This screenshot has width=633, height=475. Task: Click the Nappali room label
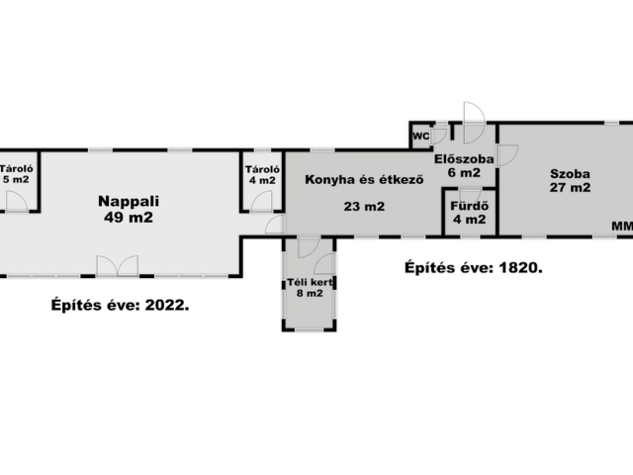pos(129,201)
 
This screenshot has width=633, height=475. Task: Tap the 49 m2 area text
pos(129,218)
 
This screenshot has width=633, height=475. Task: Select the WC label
pos(421,137)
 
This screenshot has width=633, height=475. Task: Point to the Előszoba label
pos(464,159)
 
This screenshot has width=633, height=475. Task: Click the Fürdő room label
pos(470,206)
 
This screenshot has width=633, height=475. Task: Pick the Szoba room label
pos(570,174)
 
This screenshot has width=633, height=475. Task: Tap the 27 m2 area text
pos(570,187)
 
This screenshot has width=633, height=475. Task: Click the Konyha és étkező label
pos(364,179)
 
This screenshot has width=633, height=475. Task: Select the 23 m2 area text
pos(364,207)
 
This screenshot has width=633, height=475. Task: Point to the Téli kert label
pos(310,282)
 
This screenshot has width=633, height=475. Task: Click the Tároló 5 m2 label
pos(16,174)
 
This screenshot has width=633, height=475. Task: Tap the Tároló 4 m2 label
pos(262,175)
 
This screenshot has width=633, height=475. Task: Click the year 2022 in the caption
pos(166,305)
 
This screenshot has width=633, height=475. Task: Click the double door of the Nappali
pos(118,266)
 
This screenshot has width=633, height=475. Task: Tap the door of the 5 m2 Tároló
pos(17,201)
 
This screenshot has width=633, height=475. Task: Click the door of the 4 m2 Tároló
pos(261,201)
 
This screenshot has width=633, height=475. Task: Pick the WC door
pos(438,137)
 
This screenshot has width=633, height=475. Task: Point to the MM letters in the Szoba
pos(622,227)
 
